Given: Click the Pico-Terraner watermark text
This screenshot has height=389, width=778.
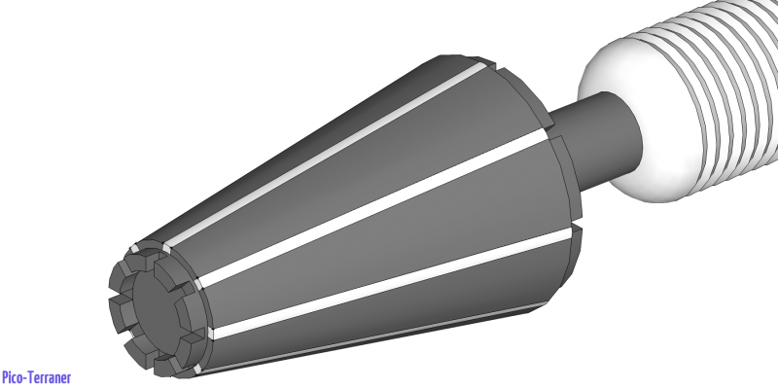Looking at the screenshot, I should pos(36,377).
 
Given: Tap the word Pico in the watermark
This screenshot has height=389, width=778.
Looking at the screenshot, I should pos(14,377).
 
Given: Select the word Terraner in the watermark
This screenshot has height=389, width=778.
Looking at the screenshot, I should pos(51,377).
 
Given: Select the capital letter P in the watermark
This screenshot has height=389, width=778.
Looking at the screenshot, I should pos(6,377).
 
